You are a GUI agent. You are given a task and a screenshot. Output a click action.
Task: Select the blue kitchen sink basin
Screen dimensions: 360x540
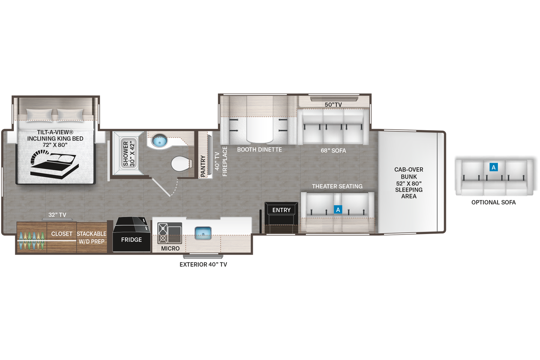click(x=203, y=233)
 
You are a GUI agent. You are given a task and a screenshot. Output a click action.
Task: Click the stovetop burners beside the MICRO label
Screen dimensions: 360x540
click(x=163, y=233)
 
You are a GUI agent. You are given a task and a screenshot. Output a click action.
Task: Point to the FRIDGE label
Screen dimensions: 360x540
click(x=131, y=240)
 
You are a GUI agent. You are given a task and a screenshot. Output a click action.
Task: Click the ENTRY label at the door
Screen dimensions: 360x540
click(x=281, y=210)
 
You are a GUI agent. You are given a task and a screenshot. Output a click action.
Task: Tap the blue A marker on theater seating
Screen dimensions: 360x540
click(x=338, y=210)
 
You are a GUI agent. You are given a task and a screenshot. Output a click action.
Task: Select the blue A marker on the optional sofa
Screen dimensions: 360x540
click(x=493, y=167)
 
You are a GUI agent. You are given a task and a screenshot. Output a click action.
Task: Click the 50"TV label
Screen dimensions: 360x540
click(x=333, y=105)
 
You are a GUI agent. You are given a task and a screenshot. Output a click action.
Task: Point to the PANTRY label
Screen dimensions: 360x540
click(x=203, y=166)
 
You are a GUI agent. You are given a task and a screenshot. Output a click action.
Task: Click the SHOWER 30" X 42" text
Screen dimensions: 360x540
click(x=129, y=154)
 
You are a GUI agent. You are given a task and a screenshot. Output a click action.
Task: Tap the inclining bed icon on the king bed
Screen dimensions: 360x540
click(x=54, y=163)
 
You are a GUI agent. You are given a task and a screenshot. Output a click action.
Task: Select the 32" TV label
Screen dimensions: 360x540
click(x=57, y=215)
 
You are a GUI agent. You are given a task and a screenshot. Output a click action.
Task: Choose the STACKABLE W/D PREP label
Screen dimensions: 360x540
click(x=91, y=237)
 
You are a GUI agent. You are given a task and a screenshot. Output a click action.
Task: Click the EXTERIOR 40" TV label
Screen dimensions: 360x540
click(x=203, y=264)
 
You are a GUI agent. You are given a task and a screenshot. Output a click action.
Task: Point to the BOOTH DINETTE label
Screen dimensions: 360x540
click(x=259, y=150)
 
